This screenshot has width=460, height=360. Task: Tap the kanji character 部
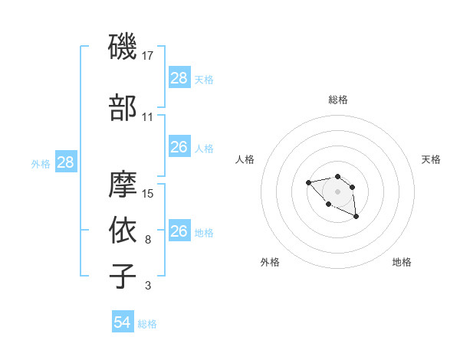click(123, 108)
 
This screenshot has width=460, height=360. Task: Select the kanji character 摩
click(123, 184)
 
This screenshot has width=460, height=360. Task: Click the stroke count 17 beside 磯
click(148, 55)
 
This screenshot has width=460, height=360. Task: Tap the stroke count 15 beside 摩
click(148, 193)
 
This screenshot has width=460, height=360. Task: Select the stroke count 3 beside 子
click(147, 286)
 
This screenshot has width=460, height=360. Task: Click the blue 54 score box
click(122, 322)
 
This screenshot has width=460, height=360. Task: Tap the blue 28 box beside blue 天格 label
click(179, 78)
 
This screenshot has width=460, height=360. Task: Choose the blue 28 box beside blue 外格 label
click(65, 162)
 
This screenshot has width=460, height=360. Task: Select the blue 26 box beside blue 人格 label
click(179, 147)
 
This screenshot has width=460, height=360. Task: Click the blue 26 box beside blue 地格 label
click(179, 231)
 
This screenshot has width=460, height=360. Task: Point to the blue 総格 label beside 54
click(147, 324)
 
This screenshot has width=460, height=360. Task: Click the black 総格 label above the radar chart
click(337, 100)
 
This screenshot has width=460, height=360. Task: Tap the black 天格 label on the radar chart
click(431, 159)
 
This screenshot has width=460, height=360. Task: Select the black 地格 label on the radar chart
click(402, 262)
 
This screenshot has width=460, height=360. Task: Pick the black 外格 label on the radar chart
click(270, 262)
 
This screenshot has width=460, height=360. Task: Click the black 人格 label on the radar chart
click(245, 159)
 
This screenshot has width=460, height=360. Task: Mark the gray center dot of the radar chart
click(337, 191)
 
